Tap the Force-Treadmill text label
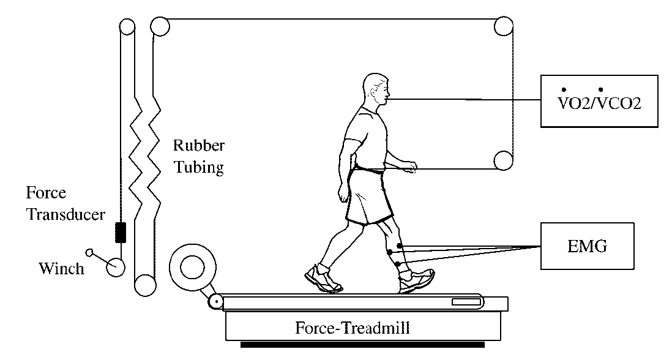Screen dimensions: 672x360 (x=353, y=328)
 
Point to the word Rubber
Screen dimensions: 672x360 (x=199, y=146)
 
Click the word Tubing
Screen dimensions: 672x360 (x=199, y=167)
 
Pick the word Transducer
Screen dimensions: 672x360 (x=65, y=215)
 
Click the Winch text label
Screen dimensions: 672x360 (x=61, y=268)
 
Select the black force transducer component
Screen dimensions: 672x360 (x=121, y=233)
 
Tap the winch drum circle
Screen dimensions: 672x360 (x=115, y=267)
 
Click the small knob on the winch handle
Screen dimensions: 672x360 (x=89, y=252)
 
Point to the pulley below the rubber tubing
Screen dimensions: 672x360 (x=144, y=285)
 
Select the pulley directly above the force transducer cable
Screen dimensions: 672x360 (x=127, y=27)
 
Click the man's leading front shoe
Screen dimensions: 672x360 (x=416, y=281)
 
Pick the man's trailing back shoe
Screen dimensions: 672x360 (x=322, y=280)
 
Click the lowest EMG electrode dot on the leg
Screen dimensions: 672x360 (x=397, y=264)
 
